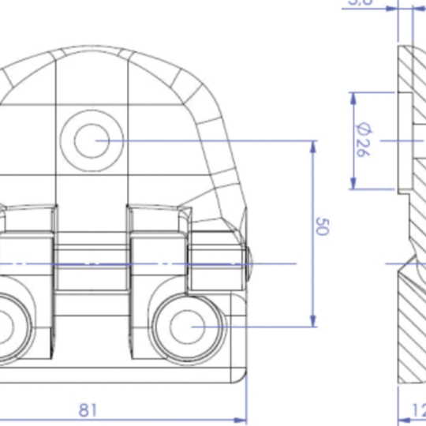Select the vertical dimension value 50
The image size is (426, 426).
pos(322,226)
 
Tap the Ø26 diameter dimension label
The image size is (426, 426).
pos(363,140)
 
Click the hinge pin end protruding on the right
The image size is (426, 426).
pos(249,263)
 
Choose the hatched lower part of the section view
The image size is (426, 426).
pos(412,331)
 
